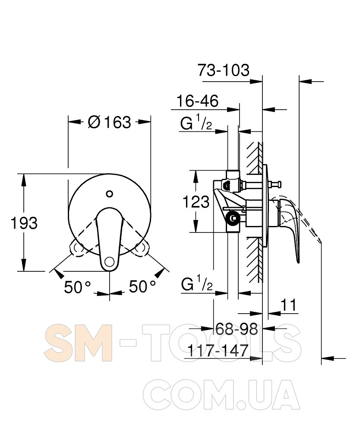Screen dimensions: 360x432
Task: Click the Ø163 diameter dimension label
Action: [109, 122]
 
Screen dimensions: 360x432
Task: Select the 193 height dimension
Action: [24, 223]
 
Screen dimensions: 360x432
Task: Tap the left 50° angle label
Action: [77, 287]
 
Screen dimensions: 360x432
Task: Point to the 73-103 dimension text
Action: [224, 70]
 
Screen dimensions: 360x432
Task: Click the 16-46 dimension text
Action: [197, 101]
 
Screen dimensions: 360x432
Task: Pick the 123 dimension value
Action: [196, 202]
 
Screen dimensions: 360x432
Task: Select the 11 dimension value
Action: [289, 305]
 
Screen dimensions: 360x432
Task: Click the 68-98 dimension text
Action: [237, 329]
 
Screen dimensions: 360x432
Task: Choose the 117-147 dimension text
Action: [218, 350]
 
